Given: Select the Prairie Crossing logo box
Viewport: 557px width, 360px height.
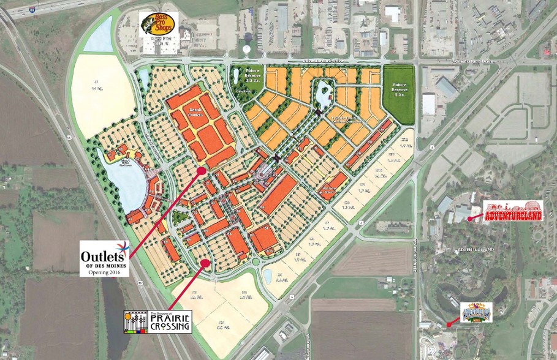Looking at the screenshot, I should pos(157,321).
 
